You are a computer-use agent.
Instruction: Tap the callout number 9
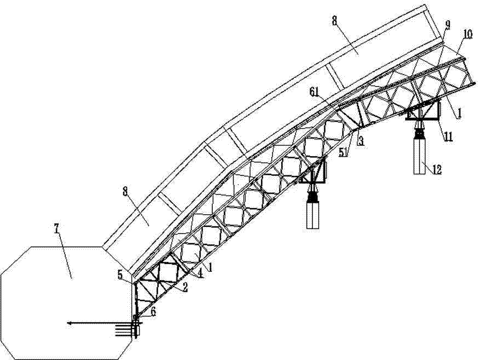(x=447, y=26)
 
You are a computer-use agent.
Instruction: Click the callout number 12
(x=437, y=169)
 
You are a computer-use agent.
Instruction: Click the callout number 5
(x=120, y=275)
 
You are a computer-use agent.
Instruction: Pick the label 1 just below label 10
(x=460, y=114)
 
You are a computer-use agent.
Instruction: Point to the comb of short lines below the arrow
(x=124, y=330)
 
